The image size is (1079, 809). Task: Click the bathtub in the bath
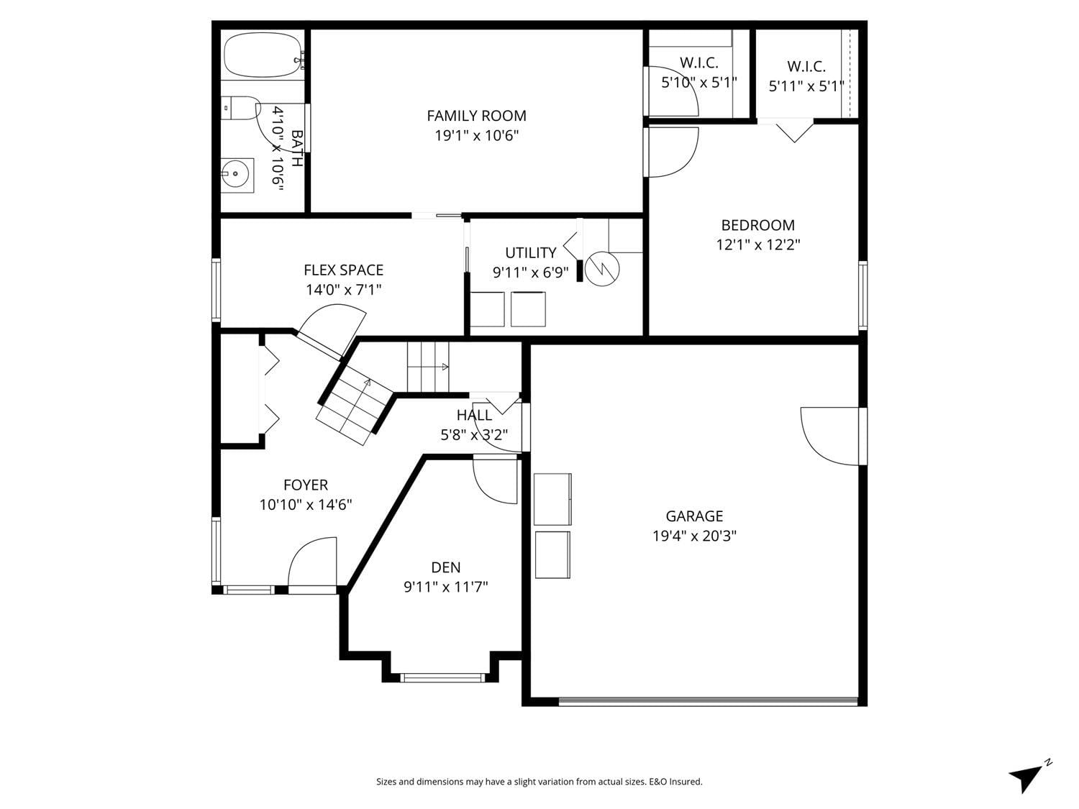tap(263, 55)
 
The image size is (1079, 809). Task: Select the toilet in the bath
tap(240, 108)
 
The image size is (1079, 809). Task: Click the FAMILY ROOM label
tap(476, 116)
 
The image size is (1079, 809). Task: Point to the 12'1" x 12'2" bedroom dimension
tap(758, 244)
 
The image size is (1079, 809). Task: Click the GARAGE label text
tap(694, 516)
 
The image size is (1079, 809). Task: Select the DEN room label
tap(446, 567)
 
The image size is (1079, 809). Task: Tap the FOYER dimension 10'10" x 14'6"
tap(306, 505)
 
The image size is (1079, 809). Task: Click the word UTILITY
tap(531, 252)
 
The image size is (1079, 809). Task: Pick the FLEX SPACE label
tap(344, 270)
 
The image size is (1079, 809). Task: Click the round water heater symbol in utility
tap(602, 269)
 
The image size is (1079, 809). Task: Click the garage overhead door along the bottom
tap(709, 701)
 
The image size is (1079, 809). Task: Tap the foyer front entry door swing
tap(312, 562)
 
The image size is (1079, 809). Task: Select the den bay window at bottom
tap(442, 678)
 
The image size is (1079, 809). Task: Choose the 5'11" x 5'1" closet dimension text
tap(806, 86)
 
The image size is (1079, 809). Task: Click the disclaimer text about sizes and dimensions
tap(539, 782)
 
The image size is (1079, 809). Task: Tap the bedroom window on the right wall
tap(862, 296)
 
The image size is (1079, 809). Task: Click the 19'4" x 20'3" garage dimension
tap(694, 536)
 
